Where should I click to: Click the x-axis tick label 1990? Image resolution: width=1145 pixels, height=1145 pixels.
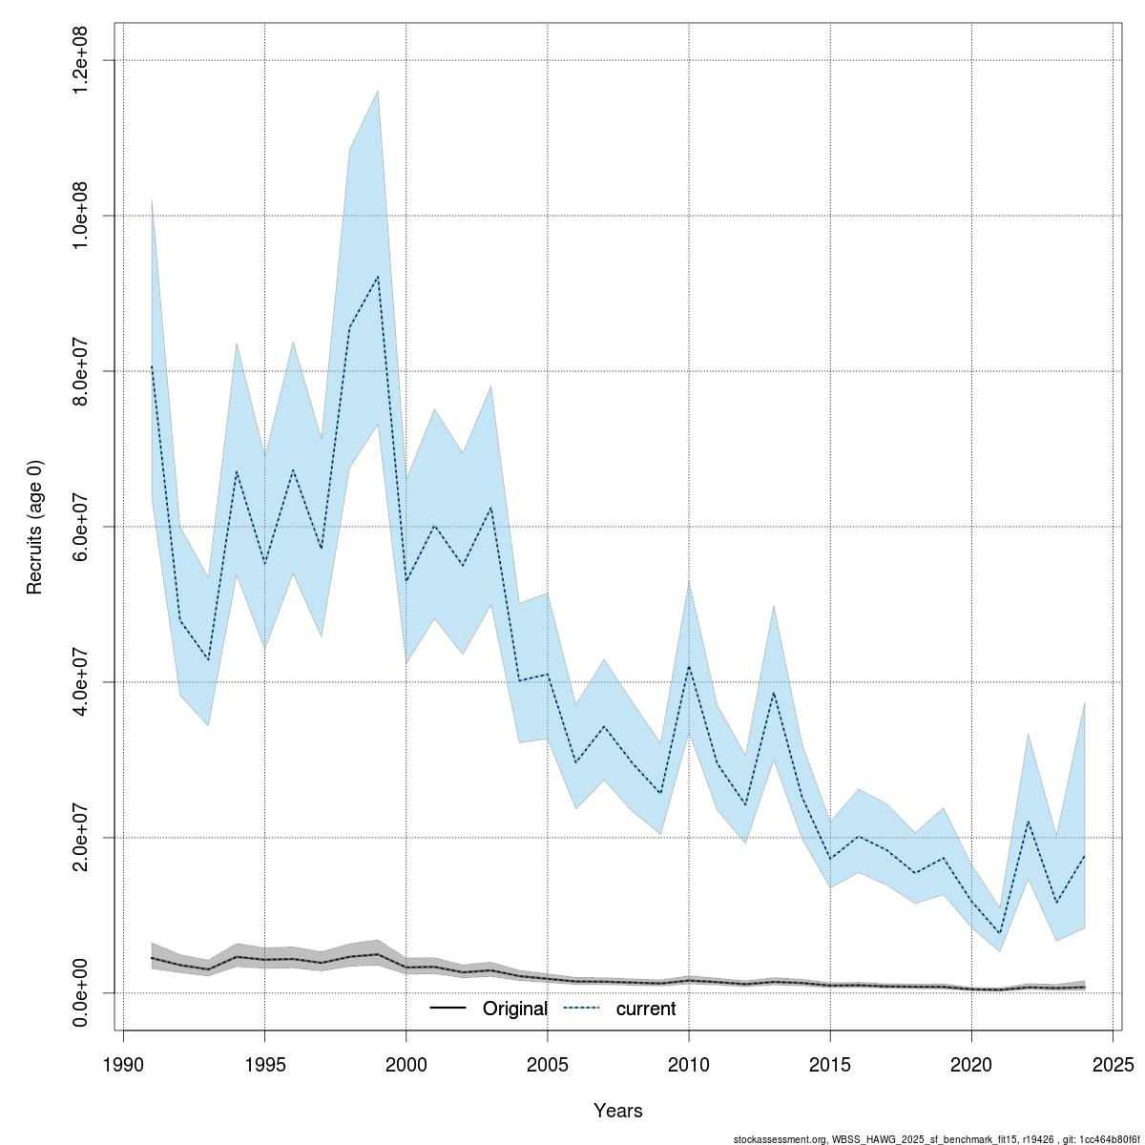123,1064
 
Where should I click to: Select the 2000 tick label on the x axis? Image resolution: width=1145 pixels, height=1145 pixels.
406,1064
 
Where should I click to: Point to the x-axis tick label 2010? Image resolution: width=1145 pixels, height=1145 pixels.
689,1064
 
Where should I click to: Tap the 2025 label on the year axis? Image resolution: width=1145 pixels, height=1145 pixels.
1113,1064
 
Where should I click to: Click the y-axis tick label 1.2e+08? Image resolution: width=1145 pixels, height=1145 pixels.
82,60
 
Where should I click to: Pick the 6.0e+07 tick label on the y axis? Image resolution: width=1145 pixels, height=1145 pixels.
82,527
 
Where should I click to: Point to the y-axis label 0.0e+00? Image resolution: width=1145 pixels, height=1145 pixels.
82,992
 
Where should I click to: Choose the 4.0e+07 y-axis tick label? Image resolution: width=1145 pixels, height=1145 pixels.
82,682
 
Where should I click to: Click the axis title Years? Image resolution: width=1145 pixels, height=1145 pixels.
618,1111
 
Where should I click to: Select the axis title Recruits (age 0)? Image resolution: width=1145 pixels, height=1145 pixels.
35,527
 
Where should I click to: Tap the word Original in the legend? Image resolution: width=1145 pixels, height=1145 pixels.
515,1010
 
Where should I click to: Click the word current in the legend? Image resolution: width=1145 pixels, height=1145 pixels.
646,1010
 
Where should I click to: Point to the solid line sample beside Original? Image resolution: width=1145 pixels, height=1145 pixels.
448,1009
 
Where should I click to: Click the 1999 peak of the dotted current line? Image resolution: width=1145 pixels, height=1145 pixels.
378,277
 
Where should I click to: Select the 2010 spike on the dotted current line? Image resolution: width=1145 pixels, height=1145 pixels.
689,666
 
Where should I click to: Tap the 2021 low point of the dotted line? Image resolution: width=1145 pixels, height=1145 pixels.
999,934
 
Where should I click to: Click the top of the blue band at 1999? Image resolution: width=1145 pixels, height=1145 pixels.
378,91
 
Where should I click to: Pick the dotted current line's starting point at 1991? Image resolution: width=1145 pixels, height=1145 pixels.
152,366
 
